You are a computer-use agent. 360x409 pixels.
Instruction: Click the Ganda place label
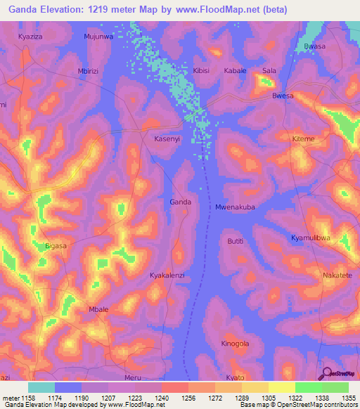coord(180,202)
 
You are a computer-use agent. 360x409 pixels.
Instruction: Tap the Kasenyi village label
coord(168,139)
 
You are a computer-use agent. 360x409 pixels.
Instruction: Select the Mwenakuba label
coord(234,207)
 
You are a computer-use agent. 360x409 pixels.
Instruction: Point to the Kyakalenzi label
coord(167,275)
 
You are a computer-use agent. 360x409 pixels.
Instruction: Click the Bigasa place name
coord(56,246)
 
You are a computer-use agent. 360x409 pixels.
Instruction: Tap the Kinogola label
coord(235,344)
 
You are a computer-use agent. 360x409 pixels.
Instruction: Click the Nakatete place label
coord(337,275)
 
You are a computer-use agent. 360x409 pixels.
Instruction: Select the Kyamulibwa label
coord(310,238)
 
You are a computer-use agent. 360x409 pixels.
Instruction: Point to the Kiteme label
coord(303,139)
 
